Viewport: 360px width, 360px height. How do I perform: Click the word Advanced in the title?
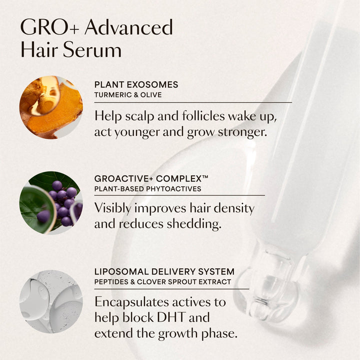128,27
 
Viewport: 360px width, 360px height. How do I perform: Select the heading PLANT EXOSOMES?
136,85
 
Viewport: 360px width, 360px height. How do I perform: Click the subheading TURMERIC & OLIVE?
127,94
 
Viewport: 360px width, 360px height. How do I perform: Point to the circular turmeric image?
50,107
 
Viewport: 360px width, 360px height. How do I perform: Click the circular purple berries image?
50,202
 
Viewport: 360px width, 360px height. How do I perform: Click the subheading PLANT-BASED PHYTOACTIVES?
147,188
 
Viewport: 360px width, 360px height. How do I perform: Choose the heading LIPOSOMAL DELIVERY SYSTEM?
164,272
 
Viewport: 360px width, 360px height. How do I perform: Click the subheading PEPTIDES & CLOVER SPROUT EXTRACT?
162,282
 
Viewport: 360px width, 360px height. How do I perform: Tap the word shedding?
192,224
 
